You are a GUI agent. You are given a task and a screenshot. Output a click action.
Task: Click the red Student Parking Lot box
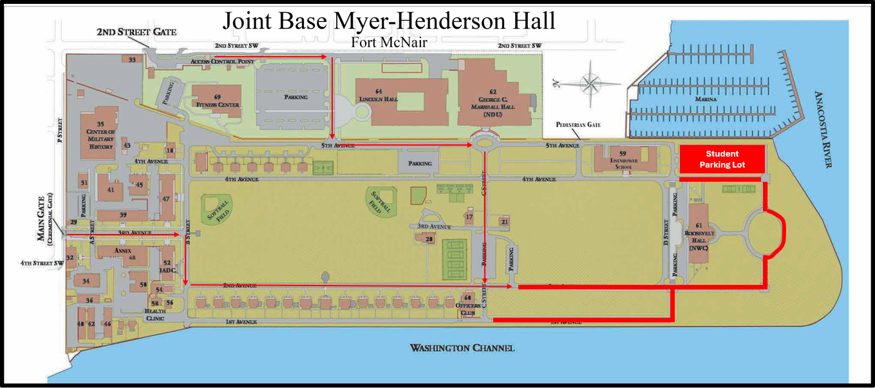[x=722, y=159]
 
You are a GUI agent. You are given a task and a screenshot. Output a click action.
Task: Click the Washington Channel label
[x=462, y=348]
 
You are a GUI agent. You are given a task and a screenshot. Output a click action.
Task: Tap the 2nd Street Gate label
[x=136, y=32]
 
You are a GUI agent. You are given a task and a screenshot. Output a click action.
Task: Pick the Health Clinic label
[x=155, y=315]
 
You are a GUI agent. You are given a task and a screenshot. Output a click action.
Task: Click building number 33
[x=132, y=60]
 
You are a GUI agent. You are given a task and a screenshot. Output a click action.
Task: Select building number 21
[x=504, y=222]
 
